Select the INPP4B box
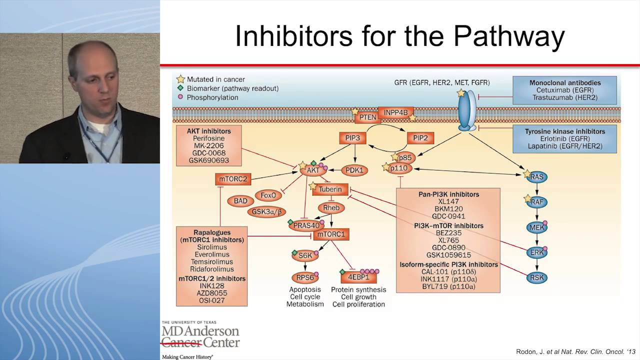(395, 112)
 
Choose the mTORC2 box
(232, 178)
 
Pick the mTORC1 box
(330, 234)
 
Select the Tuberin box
(330, 189)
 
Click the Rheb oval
(331, 207)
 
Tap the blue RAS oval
(537, 176)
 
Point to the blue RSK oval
(537, 277)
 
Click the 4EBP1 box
(358, 276)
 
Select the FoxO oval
(268, 195)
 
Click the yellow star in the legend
(180, 79)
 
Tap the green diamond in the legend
(180, 88)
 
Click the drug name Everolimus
(211, 254)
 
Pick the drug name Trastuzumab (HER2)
(565, 97)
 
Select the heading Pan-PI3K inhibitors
(448, 194)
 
